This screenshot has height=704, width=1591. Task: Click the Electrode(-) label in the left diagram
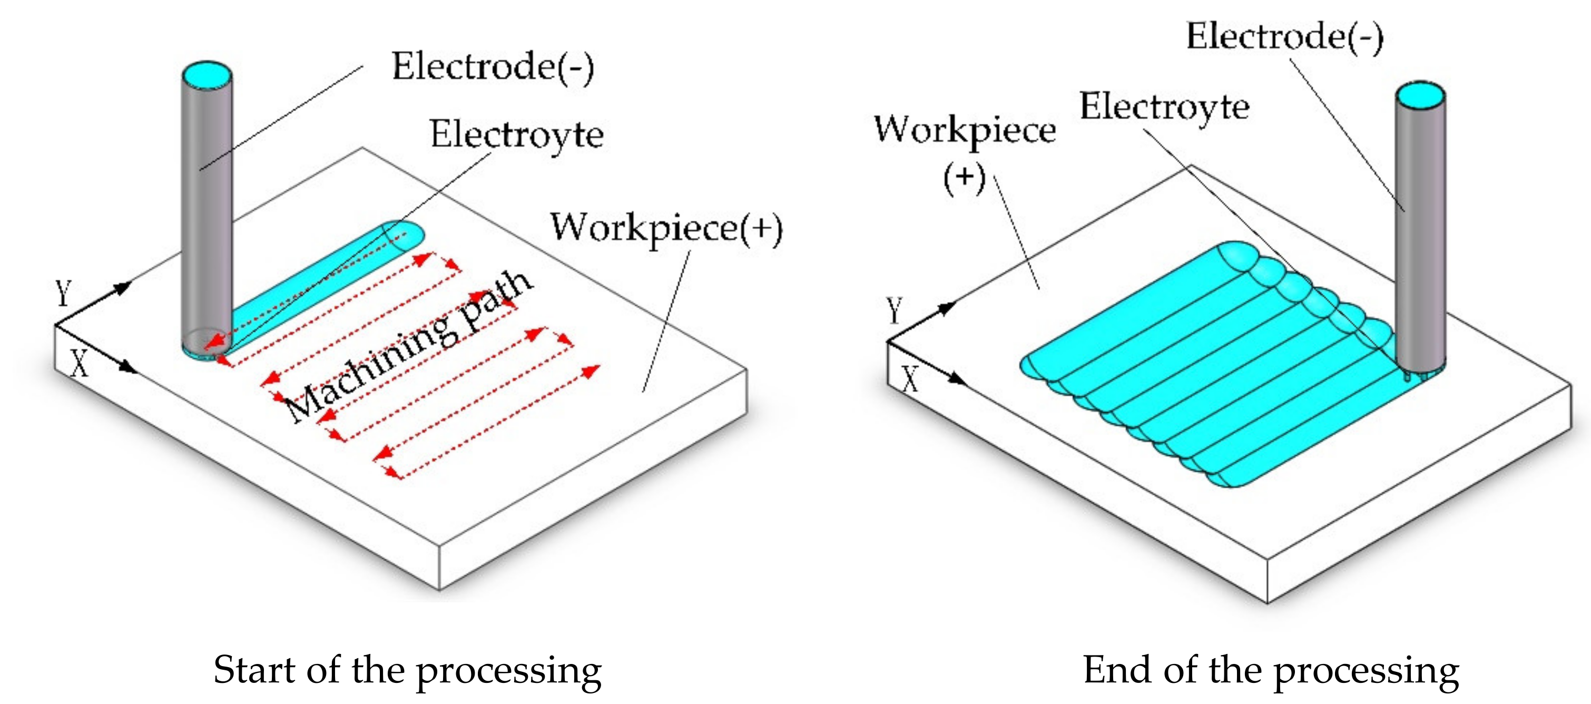click(x=492, y=67)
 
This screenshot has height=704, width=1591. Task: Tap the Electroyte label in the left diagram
click(x=516, y=134)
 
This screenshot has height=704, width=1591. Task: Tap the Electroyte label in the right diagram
click(x=1164, y=106)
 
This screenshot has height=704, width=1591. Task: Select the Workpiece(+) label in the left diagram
click(x=666, y=228)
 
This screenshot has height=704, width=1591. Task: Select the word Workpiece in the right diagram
click(x=965, y=130)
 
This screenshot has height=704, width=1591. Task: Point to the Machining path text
click(x=408, y=346)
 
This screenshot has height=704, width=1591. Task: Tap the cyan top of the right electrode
click(x=1420, y=96)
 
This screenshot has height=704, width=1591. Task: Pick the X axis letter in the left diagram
click(x=79, y=363)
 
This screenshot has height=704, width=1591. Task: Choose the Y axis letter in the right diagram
click(x=895, y=310)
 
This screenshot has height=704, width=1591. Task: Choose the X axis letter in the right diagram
click(x=910, y=378)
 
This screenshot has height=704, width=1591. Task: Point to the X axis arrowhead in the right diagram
click(x=957, y=378)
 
